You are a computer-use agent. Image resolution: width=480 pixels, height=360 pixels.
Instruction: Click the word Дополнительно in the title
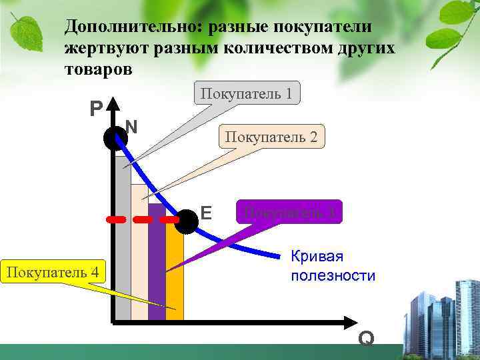click(x=133, y=27)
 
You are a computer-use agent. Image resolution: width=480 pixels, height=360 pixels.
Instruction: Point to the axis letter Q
click(x=365, y=339)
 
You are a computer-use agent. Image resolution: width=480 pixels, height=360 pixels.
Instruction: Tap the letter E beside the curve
click(x=206, y=213)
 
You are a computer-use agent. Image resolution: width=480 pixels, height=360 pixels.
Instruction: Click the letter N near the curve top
click(x=131, y=125)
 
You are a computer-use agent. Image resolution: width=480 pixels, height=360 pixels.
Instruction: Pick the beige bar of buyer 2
click(x=139, y=267)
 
